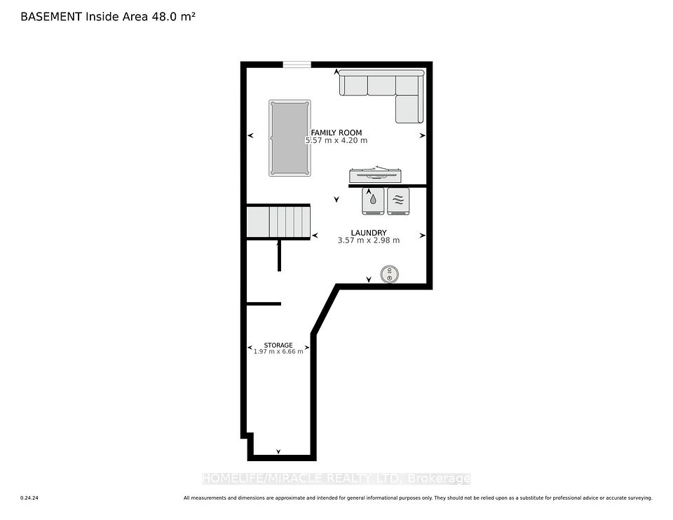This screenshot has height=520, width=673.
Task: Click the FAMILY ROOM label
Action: [x=336, y=132]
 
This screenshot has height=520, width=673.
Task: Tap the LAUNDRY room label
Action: [x=369, y=233]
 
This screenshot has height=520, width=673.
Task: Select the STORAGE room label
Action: [x=278, y=345]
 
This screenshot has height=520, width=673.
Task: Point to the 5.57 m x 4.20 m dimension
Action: [x=336, y=140]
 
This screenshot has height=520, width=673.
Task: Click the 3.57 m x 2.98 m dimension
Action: [x=369, y=240]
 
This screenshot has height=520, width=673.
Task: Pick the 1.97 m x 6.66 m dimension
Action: [x=278, y=351]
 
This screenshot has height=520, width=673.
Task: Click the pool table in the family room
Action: [x=290, y=138]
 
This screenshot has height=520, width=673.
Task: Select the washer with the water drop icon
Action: [x=373, y=201]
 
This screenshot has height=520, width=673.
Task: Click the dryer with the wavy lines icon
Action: [x=398, y=201]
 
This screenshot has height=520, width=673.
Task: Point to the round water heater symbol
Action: [x=390, y=274]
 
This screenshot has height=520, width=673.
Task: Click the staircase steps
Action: [x=278, y=221]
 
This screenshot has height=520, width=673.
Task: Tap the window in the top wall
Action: [x=297, y=64]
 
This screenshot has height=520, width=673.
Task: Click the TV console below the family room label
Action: [x=376, y=175]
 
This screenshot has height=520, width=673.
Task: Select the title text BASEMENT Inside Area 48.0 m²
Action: [x=108, y=17]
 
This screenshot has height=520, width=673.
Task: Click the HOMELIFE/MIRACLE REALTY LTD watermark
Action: [x=336, y=479]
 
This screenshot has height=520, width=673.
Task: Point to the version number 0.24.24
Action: [x=29, y=498]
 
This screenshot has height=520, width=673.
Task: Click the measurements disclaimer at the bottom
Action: [x=418, y=498]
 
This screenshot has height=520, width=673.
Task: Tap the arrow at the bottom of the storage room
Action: [x=278, y=451]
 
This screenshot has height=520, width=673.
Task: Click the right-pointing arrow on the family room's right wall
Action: [x=422, y=135]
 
